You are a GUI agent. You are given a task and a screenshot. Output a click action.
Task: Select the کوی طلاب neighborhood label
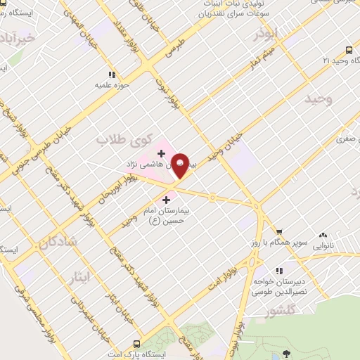114,140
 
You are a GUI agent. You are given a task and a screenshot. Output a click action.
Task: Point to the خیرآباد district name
15,37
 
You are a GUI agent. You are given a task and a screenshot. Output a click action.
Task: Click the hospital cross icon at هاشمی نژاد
161,153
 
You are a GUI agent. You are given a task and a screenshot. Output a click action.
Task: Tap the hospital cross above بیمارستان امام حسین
166,200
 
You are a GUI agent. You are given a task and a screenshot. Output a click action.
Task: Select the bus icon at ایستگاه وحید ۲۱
349,50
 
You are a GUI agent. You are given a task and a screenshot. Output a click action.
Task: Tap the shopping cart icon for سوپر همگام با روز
278,231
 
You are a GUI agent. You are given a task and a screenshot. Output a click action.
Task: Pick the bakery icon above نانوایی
323,235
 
